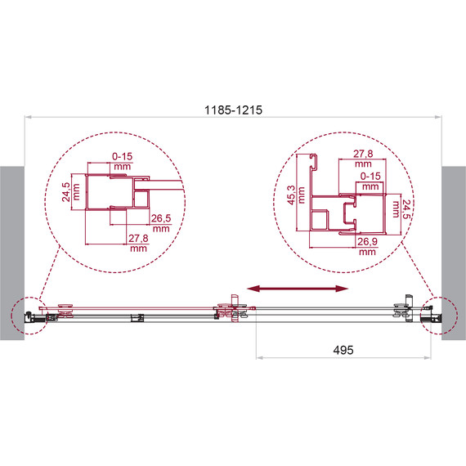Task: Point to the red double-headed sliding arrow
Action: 298,288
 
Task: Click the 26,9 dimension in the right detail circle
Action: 365,242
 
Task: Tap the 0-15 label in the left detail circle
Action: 123,155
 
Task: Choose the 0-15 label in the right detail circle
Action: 370,175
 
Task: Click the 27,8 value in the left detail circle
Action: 137,238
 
